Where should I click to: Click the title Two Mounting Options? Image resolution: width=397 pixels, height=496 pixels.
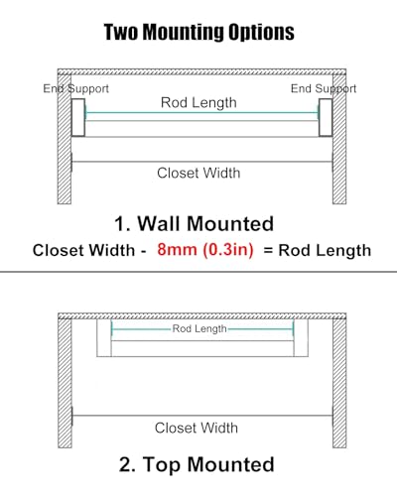click(x=198, y=32)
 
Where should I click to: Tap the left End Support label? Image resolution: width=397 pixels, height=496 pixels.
click(x=75, y=88)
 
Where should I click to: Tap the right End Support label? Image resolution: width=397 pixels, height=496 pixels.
click(x=324, y=88)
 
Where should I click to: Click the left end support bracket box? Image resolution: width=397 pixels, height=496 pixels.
click(x=78, y=117)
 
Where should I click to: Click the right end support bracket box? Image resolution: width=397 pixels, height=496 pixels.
click(x=326, y=117)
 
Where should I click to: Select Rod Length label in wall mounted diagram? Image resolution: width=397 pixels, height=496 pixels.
click(x=198, y=102)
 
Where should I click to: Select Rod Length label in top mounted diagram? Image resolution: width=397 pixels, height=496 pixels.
click(x=199, y=328)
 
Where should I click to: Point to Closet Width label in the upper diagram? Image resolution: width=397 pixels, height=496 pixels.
click(x=198, y=173)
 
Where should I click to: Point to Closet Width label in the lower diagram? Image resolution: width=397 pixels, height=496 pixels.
click(x=197, y=428)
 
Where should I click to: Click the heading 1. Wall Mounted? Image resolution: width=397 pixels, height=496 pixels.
click(x=195, y=223)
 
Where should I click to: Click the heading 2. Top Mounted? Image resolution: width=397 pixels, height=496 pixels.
click(x=197, y=464)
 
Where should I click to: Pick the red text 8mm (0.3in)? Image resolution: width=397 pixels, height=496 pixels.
click(x=205, y=249)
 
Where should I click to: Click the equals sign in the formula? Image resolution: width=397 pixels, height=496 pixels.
click(x=268, y=251)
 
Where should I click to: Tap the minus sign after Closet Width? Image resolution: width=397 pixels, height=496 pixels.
click(x=143, y=251)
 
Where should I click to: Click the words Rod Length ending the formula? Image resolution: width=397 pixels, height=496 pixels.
click(x=325, y=250)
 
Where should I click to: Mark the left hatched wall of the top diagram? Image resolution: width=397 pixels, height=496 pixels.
click(x=65, y=139)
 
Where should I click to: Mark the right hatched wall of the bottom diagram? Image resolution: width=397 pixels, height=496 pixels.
click(x=339, y=383)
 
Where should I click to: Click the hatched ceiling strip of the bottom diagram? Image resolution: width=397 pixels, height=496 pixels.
click(x=202, y=315)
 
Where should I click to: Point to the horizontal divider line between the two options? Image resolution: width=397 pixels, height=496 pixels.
click(x=198, y=272)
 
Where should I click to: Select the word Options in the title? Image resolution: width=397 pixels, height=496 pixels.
click(x=261, y=33)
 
